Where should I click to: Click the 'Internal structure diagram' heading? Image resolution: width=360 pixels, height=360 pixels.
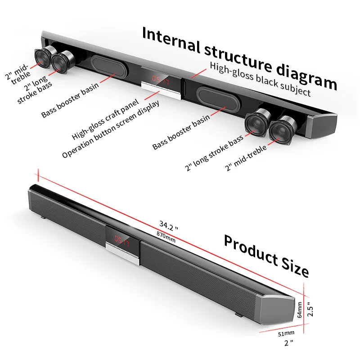point(240,58)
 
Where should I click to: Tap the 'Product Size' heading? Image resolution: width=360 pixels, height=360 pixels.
point(266,256)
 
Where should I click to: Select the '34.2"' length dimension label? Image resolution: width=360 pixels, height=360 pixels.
point(169,225)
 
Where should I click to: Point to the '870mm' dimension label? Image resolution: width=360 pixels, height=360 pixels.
point(166,237)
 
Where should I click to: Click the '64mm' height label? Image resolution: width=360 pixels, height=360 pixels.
point(299,310)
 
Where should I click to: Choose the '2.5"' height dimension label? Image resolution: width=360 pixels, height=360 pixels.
point(310,309)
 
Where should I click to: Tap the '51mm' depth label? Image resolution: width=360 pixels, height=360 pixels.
point(286,333)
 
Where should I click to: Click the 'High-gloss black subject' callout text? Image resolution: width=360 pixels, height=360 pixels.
point(260,79)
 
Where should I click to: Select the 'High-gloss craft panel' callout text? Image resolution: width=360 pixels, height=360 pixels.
point(105,119)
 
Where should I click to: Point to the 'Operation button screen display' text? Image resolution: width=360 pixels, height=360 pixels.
point(111,129)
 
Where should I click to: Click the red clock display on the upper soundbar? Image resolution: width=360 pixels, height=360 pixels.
point(161,80)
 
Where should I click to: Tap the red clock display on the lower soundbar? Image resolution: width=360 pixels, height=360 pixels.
point(121,241)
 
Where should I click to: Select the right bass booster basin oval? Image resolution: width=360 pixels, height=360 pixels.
point(219,99)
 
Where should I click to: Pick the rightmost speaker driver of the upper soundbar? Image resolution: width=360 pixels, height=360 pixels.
point(283,130)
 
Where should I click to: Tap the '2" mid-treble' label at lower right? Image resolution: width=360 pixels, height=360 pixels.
point(246,158)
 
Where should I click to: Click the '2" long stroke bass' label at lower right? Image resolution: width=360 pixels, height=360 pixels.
point(214,153)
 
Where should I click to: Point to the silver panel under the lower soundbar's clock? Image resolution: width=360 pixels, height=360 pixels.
point(122,253)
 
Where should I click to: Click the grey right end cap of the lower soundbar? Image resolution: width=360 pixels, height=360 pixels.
point(278,309)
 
